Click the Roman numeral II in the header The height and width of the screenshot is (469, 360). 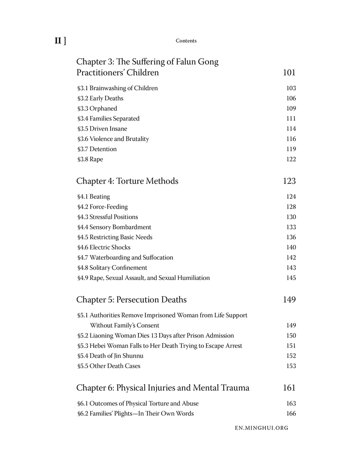pyautogui.click(x=58, y=41)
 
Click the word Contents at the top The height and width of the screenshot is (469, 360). pyautogui.click(x=186, y=41)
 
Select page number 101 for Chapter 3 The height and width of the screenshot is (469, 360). pyautogui.click(x=289, y=73)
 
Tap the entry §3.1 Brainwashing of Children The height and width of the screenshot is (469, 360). pyautogui.click(x=117, y=88)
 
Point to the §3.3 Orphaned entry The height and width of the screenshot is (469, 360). pyautogui.click(x=97, y=108)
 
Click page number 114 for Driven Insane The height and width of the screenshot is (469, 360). pyautogui.click(x=291, y=129)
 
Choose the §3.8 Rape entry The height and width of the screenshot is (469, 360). pyautogui.click(x=90, y=159)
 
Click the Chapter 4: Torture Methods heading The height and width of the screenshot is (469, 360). pyautogui.click(x=127, y=181)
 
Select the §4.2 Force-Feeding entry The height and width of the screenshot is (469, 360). pyautogui.click(x=102, y=207)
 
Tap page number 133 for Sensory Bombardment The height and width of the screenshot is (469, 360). pyautogui.click(x=291, y=227)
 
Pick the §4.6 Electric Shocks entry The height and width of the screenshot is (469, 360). pyautogui.click(x=104, y=247)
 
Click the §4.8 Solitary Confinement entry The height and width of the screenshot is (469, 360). pyautogui.click(x=112, y=268)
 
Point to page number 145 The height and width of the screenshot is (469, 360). pyautogui.click(x=291, y=278)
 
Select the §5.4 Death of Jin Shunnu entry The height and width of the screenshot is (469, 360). pyautogui.click(x=110, y=356)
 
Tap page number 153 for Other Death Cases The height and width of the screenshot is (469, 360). pyautogui.click(x=291, y=366)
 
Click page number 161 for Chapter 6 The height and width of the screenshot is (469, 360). pyautogui.click(x=289, y=388)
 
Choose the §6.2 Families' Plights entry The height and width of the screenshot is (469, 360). pyautogui.click(x=135, y=414)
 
